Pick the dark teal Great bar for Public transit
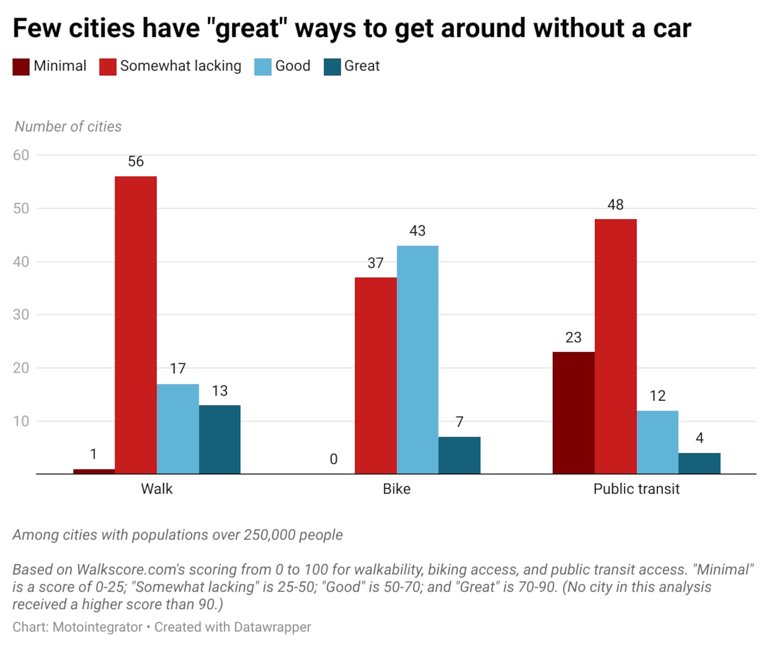(699, 463)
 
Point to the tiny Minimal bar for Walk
(94, 471)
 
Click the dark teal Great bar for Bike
(459, 455)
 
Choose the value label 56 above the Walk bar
(136, 161)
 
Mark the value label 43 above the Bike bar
(418, 231)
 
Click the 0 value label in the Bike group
(334, 459)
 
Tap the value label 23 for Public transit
(573, 338)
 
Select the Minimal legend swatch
(21, 67)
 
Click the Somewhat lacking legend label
(181, 66)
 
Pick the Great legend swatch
(332, 67)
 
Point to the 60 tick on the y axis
(21, 155)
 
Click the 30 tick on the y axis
(21, 315)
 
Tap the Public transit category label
(636, 489)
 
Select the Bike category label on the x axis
(397, 489)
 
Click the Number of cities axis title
(68, 127)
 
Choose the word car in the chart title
(672, 29)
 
